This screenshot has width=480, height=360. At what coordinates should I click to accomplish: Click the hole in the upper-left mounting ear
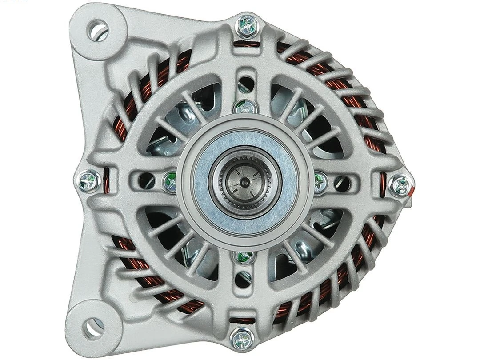point(97,30)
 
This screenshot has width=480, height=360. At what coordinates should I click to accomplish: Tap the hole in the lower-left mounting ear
point(94,328)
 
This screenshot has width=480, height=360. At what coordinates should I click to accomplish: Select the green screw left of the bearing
point(170,180)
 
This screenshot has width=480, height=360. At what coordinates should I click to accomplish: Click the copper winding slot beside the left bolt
point(106,181)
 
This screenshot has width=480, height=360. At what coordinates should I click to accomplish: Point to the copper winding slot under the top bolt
point(246,44)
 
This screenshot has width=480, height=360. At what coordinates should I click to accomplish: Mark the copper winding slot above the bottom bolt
point(244,320)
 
